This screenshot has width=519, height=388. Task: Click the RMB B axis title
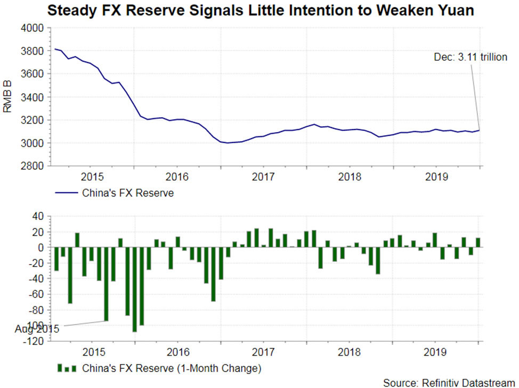point(7,97)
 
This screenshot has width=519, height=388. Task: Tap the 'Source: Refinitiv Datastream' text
point(449,382)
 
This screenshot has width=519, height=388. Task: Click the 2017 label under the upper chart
point(263,177)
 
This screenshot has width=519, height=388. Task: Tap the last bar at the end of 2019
point(478,243)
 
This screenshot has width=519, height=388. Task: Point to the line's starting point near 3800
point(56,49)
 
